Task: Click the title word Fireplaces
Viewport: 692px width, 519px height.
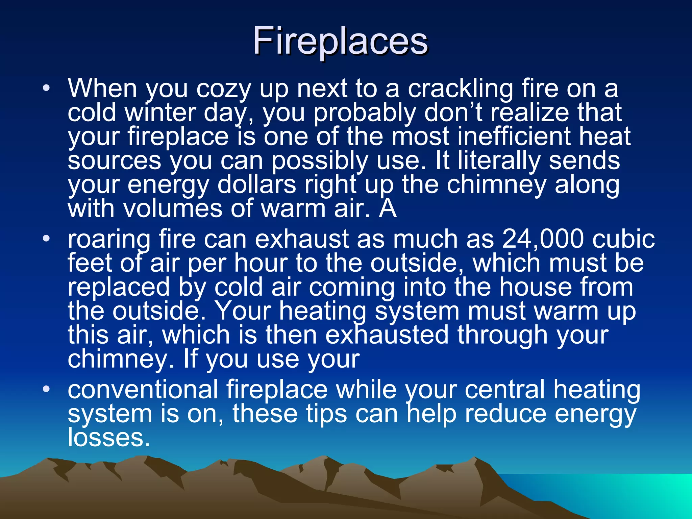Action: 340,41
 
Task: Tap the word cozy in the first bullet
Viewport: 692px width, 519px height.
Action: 224,89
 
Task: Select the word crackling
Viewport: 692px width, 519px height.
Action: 460,89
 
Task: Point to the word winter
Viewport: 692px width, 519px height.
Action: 160,113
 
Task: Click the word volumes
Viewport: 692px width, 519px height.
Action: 173,208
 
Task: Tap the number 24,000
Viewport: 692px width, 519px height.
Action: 543,239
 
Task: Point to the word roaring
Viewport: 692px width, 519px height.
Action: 109,239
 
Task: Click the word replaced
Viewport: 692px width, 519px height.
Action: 119,287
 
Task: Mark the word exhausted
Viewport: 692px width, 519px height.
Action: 387,335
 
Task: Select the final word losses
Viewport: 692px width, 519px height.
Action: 108,438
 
